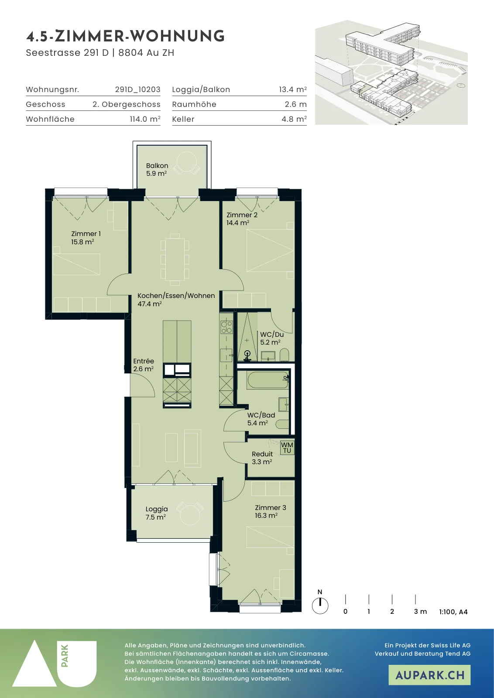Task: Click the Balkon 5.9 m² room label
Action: [157, 170]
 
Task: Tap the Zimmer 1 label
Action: [86, 234]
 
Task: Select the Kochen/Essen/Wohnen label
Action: [176, 296]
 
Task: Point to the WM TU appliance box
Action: [287, 448]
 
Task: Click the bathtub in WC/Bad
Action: [268, 380]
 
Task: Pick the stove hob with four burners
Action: [226, 327]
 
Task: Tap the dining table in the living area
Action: [175, 259]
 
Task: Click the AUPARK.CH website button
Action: [429, 675]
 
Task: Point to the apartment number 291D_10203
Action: [138, 89]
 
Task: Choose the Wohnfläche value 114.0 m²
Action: [145, 119]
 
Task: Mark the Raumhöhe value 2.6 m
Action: [295, 104]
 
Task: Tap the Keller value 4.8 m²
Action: [294, 119]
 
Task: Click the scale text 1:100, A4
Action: [453, 612]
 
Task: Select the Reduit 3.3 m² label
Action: [262, 458]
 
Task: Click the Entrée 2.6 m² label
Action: [144, 365]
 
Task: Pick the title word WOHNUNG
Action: [177, 36]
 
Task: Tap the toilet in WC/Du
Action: [284, 355]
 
